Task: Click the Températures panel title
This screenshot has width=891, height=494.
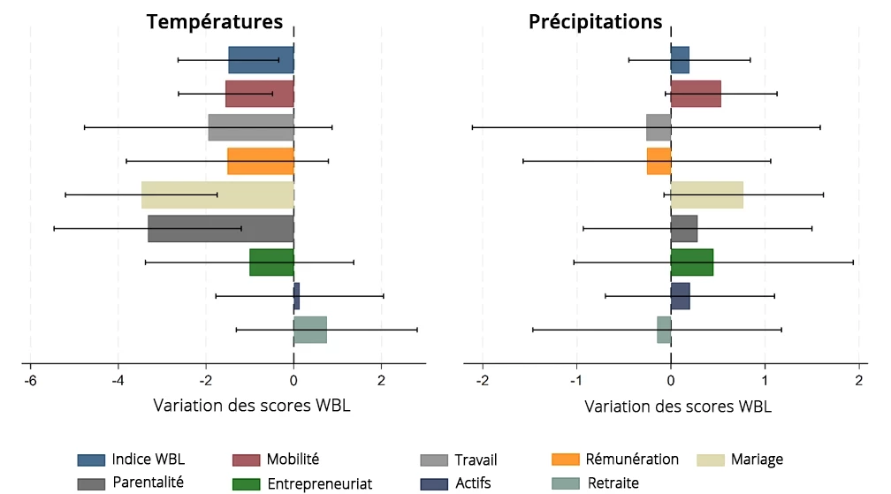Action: pyautogui.click(x=215, y=21)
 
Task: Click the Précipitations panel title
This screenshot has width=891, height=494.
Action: pyautogui.click(x=595, y=21)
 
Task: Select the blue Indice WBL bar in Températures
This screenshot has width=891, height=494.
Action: pyautogui.click(x=261, y=60)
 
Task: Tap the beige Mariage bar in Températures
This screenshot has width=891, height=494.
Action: pyautogui.click(x=217, y=194)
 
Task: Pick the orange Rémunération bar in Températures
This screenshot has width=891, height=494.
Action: pyautogui.click(x=261, y=161)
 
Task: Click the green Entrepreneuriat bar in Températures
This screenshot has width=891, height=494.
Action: pyautogui.click(x=271, y=262)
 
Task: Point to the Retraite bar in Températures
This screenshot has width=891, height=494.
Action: pyautogui.click(x=310, y=330)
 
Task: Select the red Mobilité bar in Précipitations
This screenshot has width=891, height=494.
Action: pyautogui.click(x=696, y=94)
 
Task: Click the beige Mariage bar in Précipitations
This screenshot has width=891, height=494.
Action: pyautogui.click(x=706, y=194)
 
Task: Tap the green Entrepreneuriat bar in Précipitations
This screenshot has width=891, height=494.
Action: pyautogui.click(x=691, y=262)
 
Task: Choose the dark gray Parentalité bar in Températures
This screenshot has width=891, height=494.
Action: pyautogui.click(x=221, y=229)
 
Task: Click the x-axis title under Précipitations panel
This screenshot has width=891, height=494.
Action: pyautogui.click(x=678, y=407)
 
